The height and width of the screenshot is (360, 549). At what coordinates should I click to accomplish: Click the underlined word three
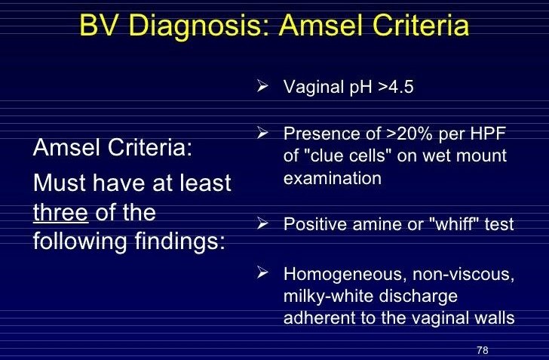coord(61,213)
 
